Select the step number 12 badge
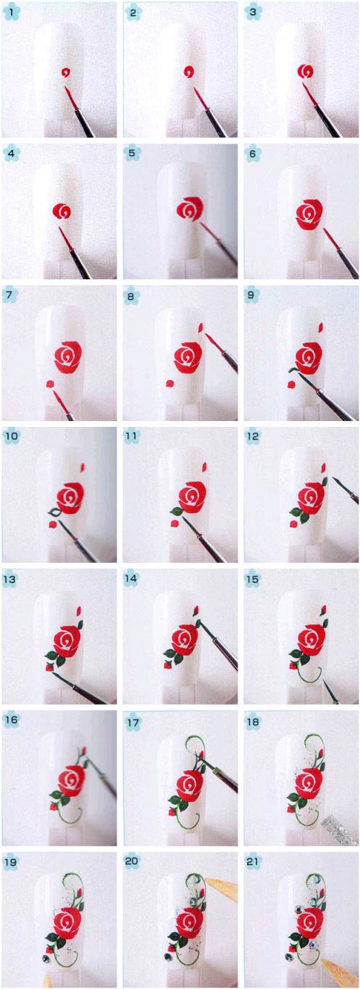click(x=252, y=437)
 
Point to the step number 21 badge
click(x=253, y=862)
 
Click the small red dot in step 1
click(x=66, y=73)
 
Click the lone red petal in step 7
click(x=50, y=384)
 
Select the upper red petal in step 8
click(x=202, y=328)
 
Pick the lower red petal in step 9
click(x=291, y=384)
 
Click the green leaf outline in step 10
click(x=55, y=512)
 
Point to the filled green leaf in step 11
click(x=176, y=511)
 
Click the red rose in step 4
click(x=63, y=211)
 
